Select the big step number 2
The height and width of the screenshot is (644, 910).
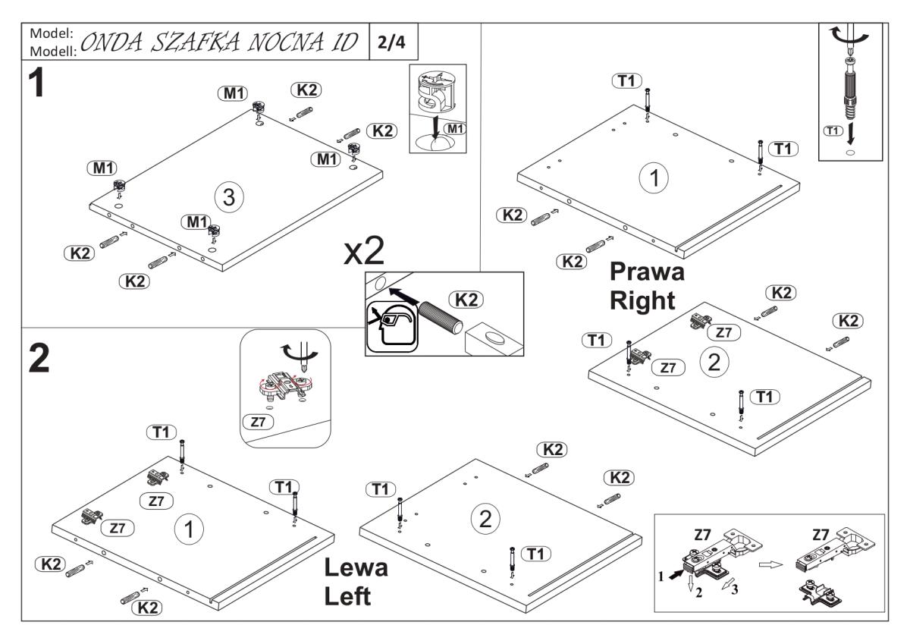[37, 360]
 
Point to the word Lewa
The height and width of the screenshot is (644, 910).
[356, 568]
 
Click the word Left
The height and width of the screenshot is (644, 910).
[347, 596]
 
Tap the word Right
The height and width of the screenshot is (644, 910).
[643, 300]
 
